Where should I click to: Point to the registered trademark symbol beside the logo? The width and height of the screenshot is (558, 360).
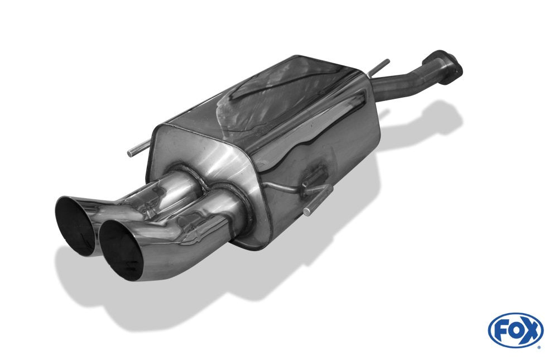tap(539, 346)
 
